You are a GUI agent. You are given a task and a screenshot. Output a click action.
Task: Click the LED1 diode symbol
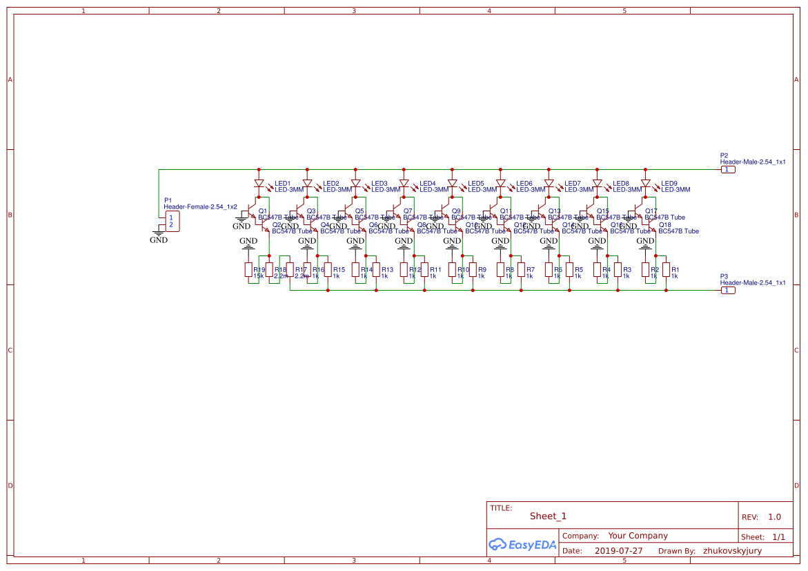click(x=259, y=184)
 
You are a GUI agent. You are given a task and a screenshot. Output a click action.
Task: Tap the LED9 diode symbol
click(x=646, y=184)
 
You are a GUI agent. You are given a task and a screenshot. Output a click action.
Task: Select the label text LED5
click(x=476, y=184)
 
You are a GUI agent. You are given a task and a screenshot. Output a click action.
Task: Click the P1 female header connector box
click(x=172, y=221)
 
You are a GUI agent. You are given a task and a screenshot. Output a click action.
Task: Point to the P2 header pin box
click(x=727, y=170)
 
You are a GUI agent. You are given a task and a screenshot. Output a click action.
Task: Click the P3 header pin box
click(x=727, y=291)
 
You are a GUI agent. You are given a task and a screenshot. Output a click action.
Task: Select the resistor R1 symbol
click(x=666, y=270)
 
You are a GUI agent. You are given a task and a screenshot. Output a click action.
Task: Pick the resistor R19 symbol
click(x=248, y=270)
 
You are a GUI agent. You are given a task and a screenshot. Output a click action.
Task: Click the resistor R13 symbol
click(x=376, y=270)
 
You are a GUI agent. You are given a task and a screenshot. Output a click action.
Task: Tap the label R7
click(x=531, y=270)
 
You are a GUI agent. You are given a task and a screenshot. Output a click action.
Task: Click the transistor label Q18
click(x=665, y=225)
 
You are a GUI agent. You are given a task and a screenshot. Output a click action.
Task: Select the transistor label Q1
click(x=262, y=211)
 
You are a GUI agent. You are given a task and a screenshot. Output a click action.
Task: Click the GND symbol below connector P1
click(x=159, y=239)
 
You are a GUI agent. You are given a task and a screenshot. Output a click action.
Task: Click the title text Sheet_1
click(x=548, y=516)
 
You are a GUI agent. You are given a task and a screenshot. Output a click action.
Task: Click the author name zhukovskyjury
click(x=732, y=551)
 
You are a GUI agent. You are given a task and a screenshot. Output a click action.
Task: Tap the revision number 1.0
click(x=774, y=517)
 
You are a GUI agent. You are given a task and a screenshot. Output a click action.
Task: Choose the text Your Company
click(x=638, y=536)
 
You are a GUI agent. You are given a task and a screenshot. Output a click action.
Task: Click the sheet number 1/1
click(x=778, y=536)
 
